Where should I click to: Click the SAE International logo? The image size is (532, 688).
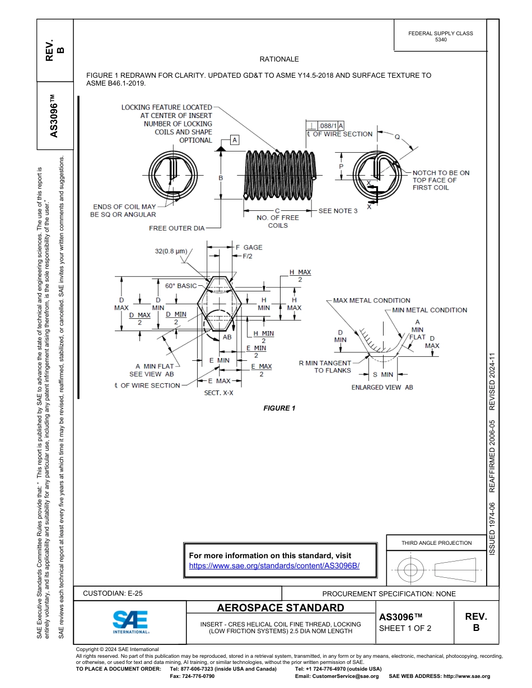pyautogui.click(x=130, y=621)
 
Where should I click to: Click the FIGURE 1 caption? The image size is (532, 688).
pyautogui.click(x=279, y=408)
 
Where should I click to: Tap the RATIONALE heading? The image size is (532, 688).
pyautogui.click(x=279, y=59)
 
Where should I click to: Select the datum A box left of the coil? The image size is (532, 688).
pyautogui.click(x=234, y=139)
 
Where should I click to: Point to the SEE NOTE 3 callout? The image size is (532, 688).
pyautogui.click(x=338, y=211)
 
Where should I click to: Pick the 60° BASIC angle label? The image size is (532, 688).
pyautogui.click(x=181, y=286)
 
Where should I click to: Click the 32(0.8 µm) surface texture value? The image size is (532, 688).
pyautogui.click(x=171, y=251)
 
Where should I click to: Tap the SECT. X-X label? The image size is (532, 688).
pyautogui.click(x=218, y=393)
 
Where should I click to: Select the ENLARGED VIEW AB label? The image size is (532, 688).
pyautogui.click(x=382, y=387)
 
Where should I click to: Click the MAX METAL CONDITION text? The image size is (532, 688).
pyautogui.click(x=372, y=300)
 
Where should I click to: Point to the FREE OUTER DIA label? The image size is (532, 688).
pyautogui.click(x=176, y=228)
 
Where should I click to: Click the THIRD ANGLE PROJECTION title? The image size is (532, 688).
pyautogui.click(x=436, y=543)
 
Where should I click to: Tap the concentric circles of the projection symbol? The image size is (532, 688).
pyautogui.click(x=411, y=571)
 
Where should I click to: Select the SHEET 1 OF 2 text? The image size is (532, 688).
pyautogui.click(x=405, y=628)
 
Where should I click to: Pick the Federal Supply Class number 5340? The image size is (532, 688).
pyautogui.click(x=441, y=40)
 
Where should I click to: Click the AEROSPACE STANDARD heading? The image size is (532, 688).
pyautogui.click(x=280, y=608)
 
